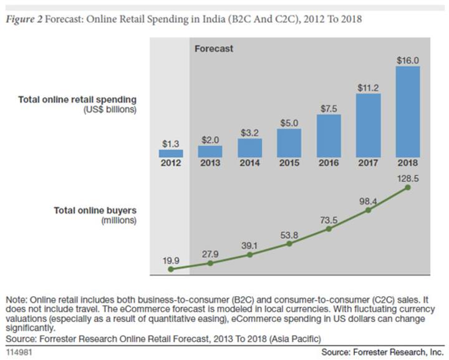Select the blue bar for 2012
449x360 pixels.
click(x=171, y=153)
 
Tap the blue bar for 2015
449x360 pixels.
click(x=289, y=143)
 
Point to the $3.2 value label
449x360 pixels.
click(x=249, y=132)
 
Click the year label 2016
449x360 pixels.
click(x=328, y=163)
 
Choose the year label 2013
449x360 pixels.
click(x=210, y=163)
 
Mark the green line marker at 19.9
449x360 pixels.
click(x=171, y=269)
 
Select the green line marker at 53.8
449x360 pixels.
click(x=289, y=243)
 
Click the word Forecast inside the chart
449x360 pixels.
click(x=213, y=48)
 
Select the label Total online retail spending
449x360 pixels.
click(x=77, y=99)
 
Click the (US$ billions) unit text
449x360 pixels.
click(x=109, y=109)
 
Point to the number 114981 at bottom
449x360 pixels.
click(x=20, y=351)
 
